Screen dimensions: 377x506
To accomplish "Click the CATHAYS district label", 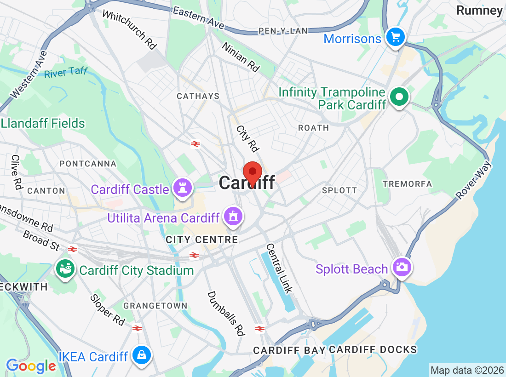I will point(198,96).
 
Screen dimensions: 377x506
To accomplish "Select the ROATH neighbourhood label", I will point(313,128).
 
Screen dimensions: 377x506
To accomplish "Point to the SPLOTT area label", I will point(339,190).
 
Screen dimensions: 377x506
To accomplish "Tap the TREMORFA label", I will point(407,184).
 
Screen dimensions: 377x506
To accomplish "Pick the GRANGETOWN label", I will point(155,306).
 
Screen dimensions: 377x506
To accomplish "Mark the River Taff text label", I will point(65,73).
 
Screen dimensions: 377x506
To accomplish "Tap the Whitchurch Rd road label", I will point(130,29).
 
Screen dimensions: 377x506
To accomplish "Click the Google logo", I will point(31,366).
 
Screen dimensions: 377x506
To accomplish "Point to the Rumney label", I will point(479,10).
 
